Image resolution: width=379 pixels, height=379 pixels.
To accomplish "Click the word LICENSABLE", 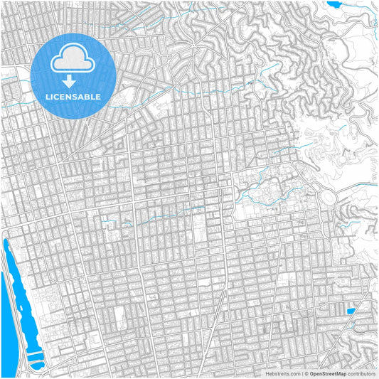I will pyautogui.click(x=73, y=96).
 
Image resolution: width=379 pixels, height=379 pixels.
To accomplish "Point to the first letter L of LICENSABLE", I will pyautogui.click(x=48, y=96).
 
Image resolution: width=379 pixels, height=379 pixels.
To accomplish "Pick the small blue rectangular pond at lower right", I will pyautogui.click(x=350, y=311).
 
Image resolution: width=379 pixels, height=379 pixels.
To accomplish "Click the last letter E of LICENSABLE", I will pyautogui.click(x=98, y=96).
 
